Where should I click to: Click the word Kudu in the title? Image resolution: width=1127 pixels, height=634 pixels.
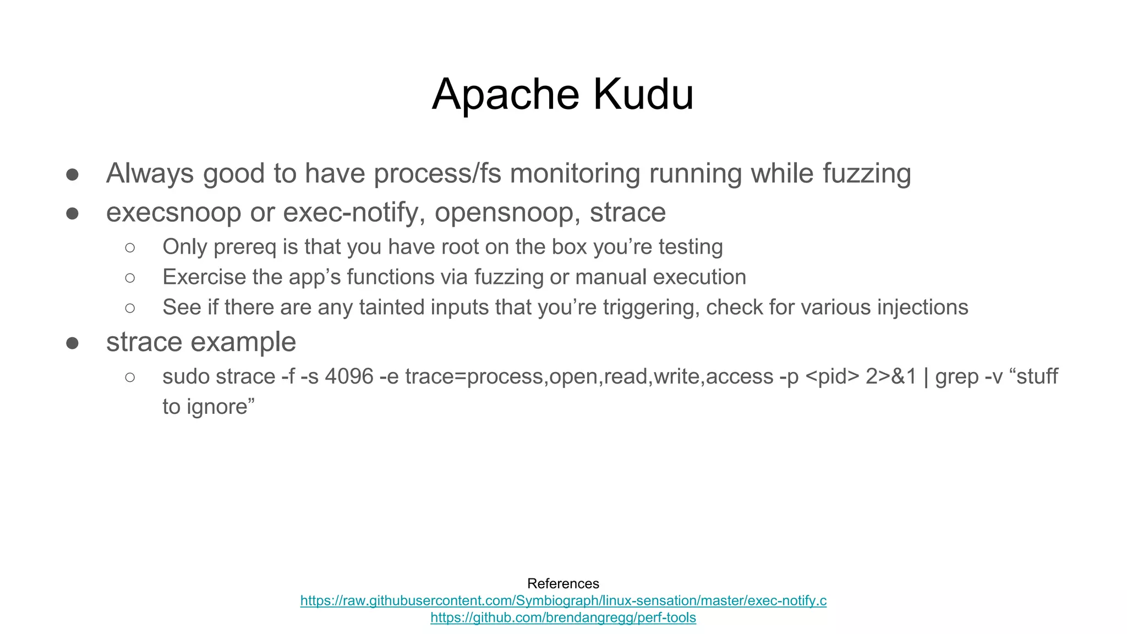tap(643, 95)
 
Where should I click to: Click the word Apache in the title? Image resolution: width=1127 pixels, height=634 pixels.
tap(505, 95)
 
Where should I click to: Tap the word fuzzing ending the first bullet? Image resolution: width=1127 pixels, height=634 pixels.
tap(867, 173)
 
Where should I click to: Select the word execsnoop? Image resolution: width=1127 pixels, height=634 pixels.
tap(173, 213)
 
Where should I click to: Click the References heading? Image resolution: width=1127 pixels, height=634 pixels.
tap(563, 583)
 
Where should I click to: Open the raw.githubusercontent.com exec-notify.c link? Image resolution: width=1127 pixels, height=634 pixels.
tap(563, 600)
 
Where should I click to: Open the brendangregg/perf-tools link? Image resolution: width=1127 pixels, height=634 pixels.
tap(563, 617)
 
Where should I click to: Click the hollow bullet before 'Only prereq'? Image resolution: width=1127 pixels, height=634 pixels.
tap(130, 248)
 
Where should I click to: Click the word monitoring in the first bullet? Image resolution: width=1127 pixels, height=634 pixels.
tap(575, 173)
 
